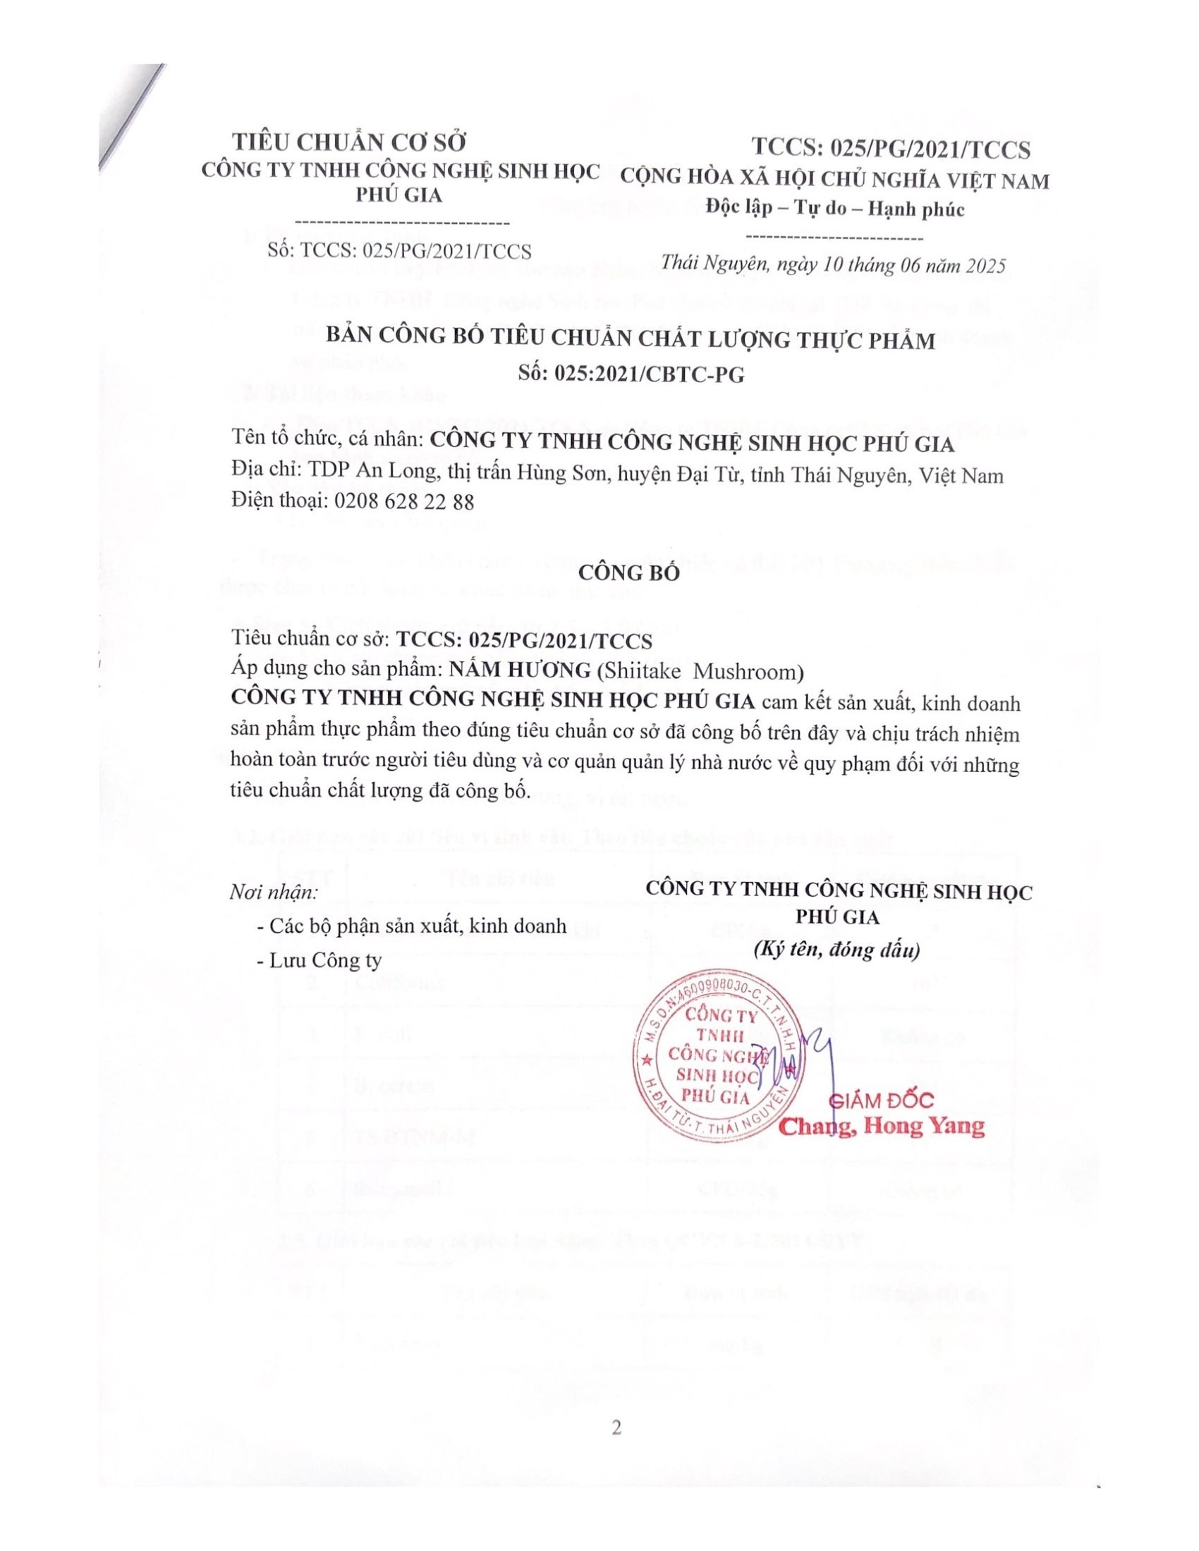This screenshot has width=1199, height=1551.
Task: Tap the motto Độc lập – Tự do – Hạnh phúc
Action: tap(835, 209)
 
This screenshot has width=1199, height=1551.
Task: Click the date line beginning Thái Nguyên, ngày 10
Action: tap(833, 266)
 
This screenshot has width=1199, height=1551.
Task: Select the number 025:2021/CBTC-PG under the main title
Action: tap(631, 374)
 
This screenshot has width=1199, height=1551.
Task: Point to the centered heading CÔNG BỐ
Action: tap(630, 572)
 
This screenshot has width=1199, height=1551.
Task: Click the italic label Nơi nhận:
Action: tap(274, 893)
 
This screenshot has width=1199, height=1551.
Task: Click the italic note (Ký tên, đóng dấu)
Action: tap(836, 950)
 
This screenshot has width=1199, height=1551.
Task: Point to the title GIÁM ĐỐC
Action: tap(882, 1101)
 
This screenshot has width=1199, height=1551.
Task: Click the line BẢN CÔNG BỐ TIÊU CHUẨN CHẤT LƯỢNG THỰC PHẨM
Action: tap(631, 341)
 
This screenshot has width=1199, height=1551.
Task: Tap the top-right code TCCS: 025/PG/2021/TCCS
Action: tap(891, 149)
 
